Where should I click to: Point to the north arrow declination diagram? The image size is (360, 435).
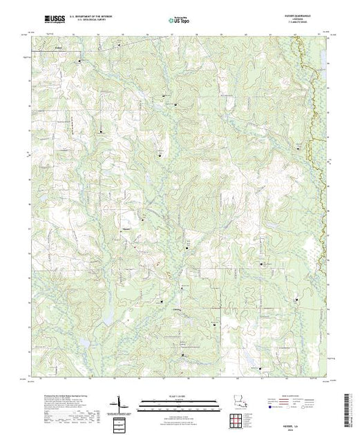point(120,403)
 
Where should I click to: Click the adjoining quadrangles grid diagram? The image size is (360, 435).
point(120,423)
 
